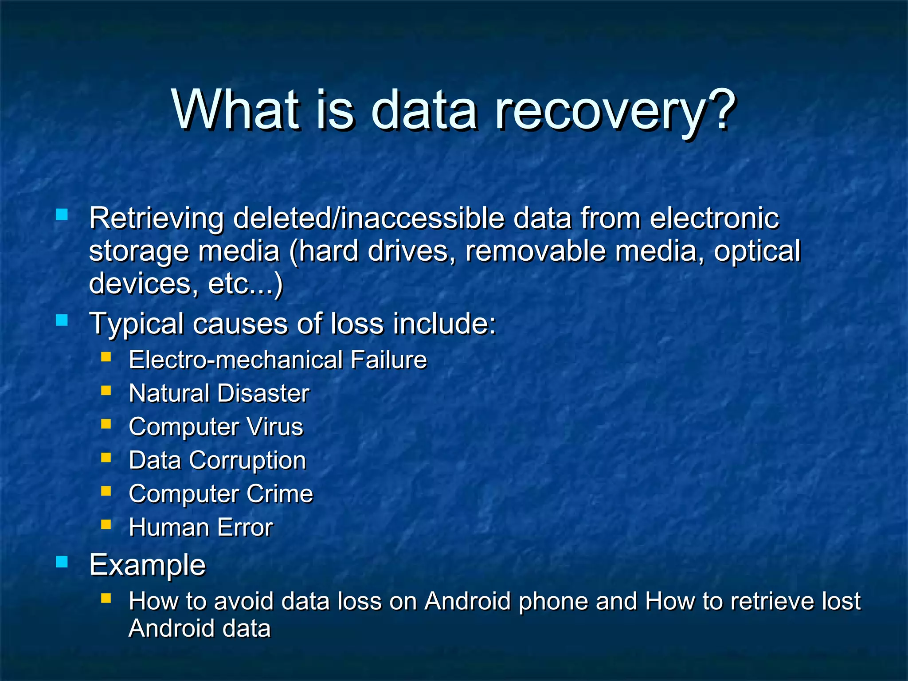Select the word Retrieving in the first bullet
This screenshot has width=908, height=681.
(157, 219)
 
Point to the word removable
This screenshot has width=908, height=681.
(536, 251)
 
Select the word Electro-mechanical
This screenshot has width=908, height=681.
(235, 360)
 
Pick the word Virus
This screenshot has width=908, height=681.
(275, 427)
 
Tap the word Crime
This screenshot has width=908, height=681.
(280, 493)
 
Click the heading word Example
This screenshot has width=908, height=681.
(148, 565)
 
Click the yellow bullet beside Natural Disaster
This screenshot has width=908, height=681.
(106, 391)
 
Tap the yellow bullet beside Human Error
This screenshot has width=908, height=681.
(106, 525)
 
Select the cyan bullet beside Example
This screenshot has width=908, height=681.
(62, 562)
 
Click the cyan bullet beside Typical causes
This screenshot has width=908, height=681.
(62, 320)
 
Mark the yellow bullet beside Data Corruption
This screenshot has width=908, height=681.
(106, 458)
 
